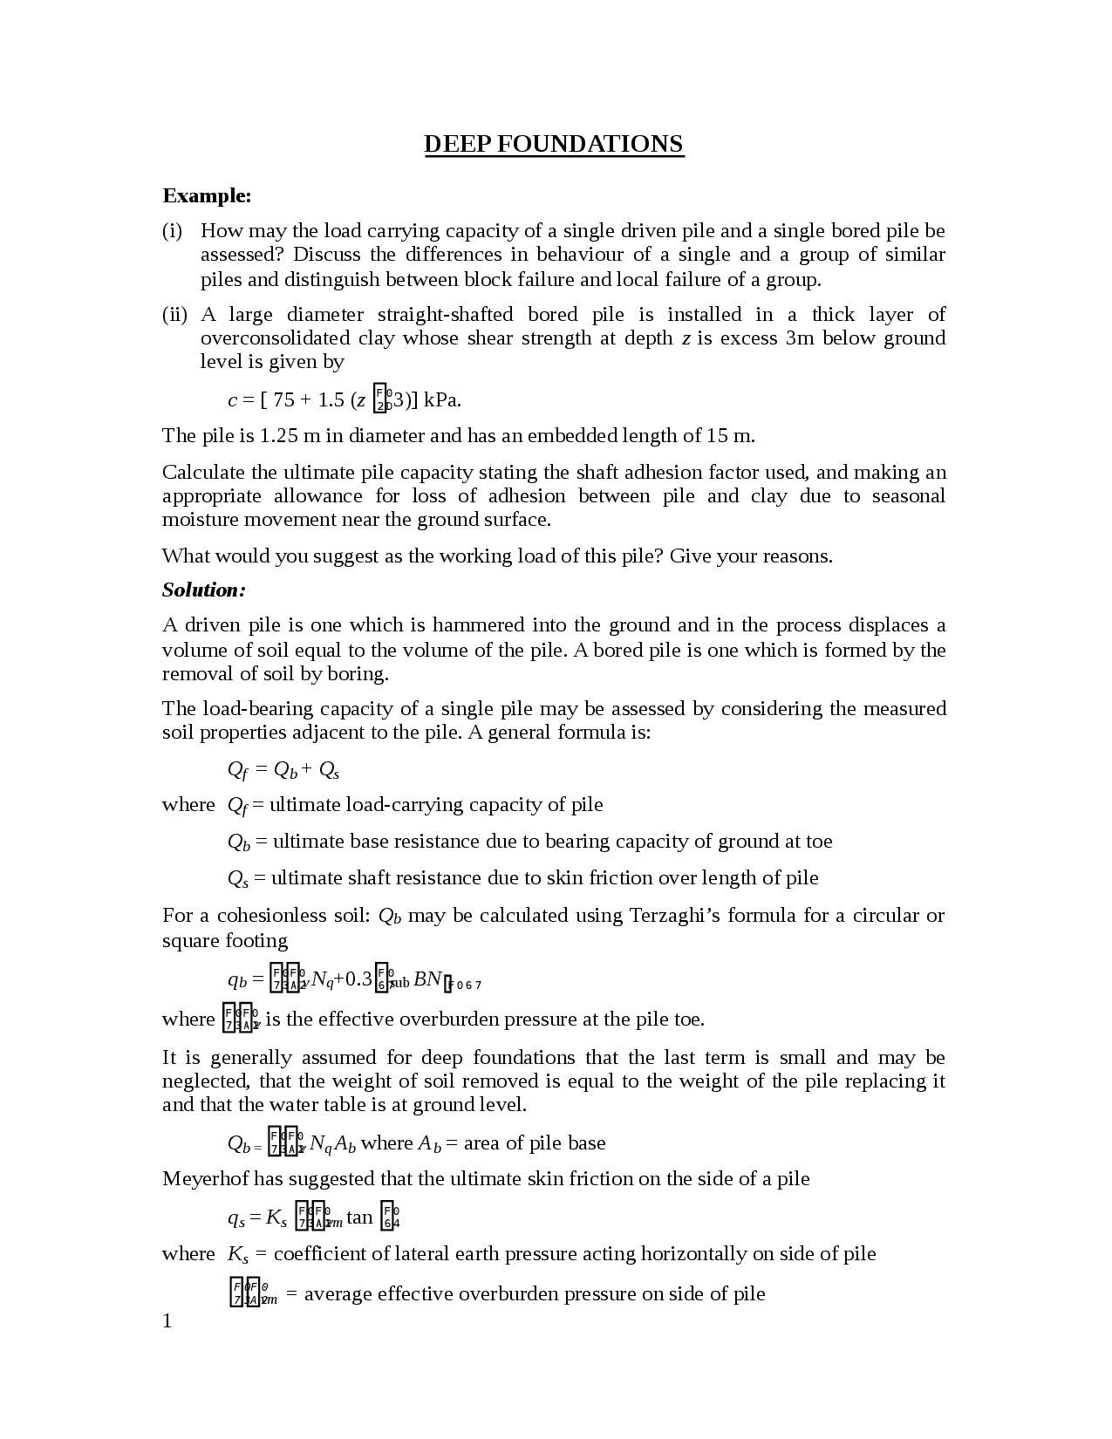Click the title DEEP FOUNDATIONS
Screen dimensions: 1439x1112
point(554,144)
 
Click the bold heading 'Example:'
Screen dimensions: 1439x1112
point(207,195)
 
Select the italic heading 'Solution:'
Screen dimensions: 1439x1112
point(204,590)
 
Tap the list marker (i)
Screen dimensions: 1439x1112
point(172,231)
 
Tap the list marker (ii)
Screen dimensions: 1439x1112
point(174,315)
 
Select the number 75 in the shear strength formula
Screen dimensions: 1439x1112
point(283,400)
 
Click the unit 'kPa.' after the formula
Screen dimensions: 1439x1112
point(442,400)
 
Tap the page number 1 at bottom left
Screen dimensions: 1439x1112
point(167,1321)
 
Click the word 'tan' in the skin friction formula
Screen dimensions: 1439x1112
point(359,1217)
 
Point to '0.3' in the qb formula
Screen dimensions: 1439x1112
point(358,979)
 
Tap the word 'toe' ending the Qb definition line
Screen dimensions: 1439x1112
point(819,842)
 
